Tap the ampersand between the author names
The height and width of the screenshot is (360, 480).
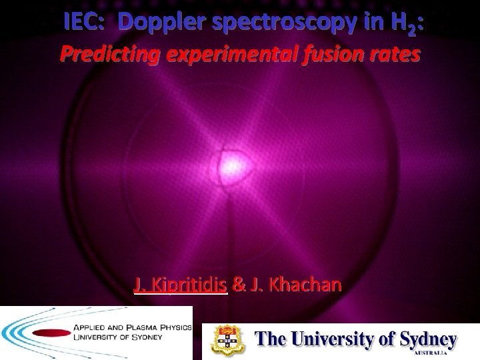coord(237,285)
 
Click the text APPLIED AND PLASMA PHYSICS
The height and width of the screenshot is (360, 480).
coord(129,328)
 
